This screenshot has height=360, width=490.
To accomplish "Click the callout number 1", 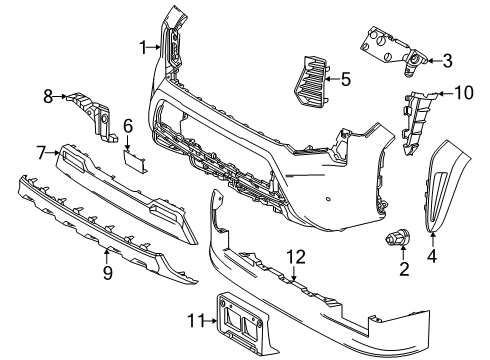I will [144, 45].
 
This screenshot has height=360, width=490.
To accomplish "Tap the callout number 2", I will [404, 269].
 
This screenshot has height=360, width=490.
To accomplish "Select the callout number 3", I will [447, 60].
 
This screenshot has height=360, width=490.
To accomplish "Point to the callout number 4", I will [432, 255].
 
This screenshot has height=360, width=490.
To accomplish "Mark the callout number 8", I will [47, 97].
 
